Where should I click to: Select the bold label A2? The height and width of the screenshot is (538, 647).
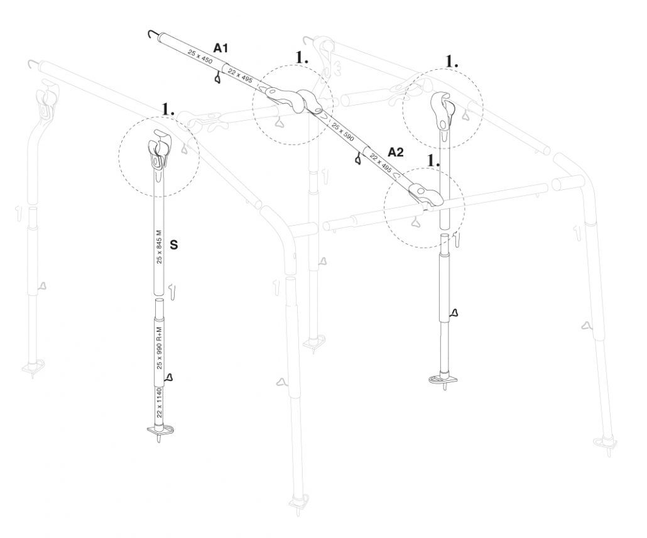[x=396, y=152]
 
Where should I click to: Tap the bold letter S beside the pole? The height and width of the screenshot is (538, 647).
[x=174, y=246]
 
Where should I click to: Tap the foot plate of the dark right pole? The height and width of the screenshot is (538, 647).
[x=443, y=380]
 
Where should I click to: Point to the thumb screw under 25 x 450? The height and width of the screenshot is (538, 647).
[x=217, y=78]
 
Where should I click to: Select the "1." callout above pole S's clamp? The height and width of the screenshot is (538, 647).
[x=168, y=109]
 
